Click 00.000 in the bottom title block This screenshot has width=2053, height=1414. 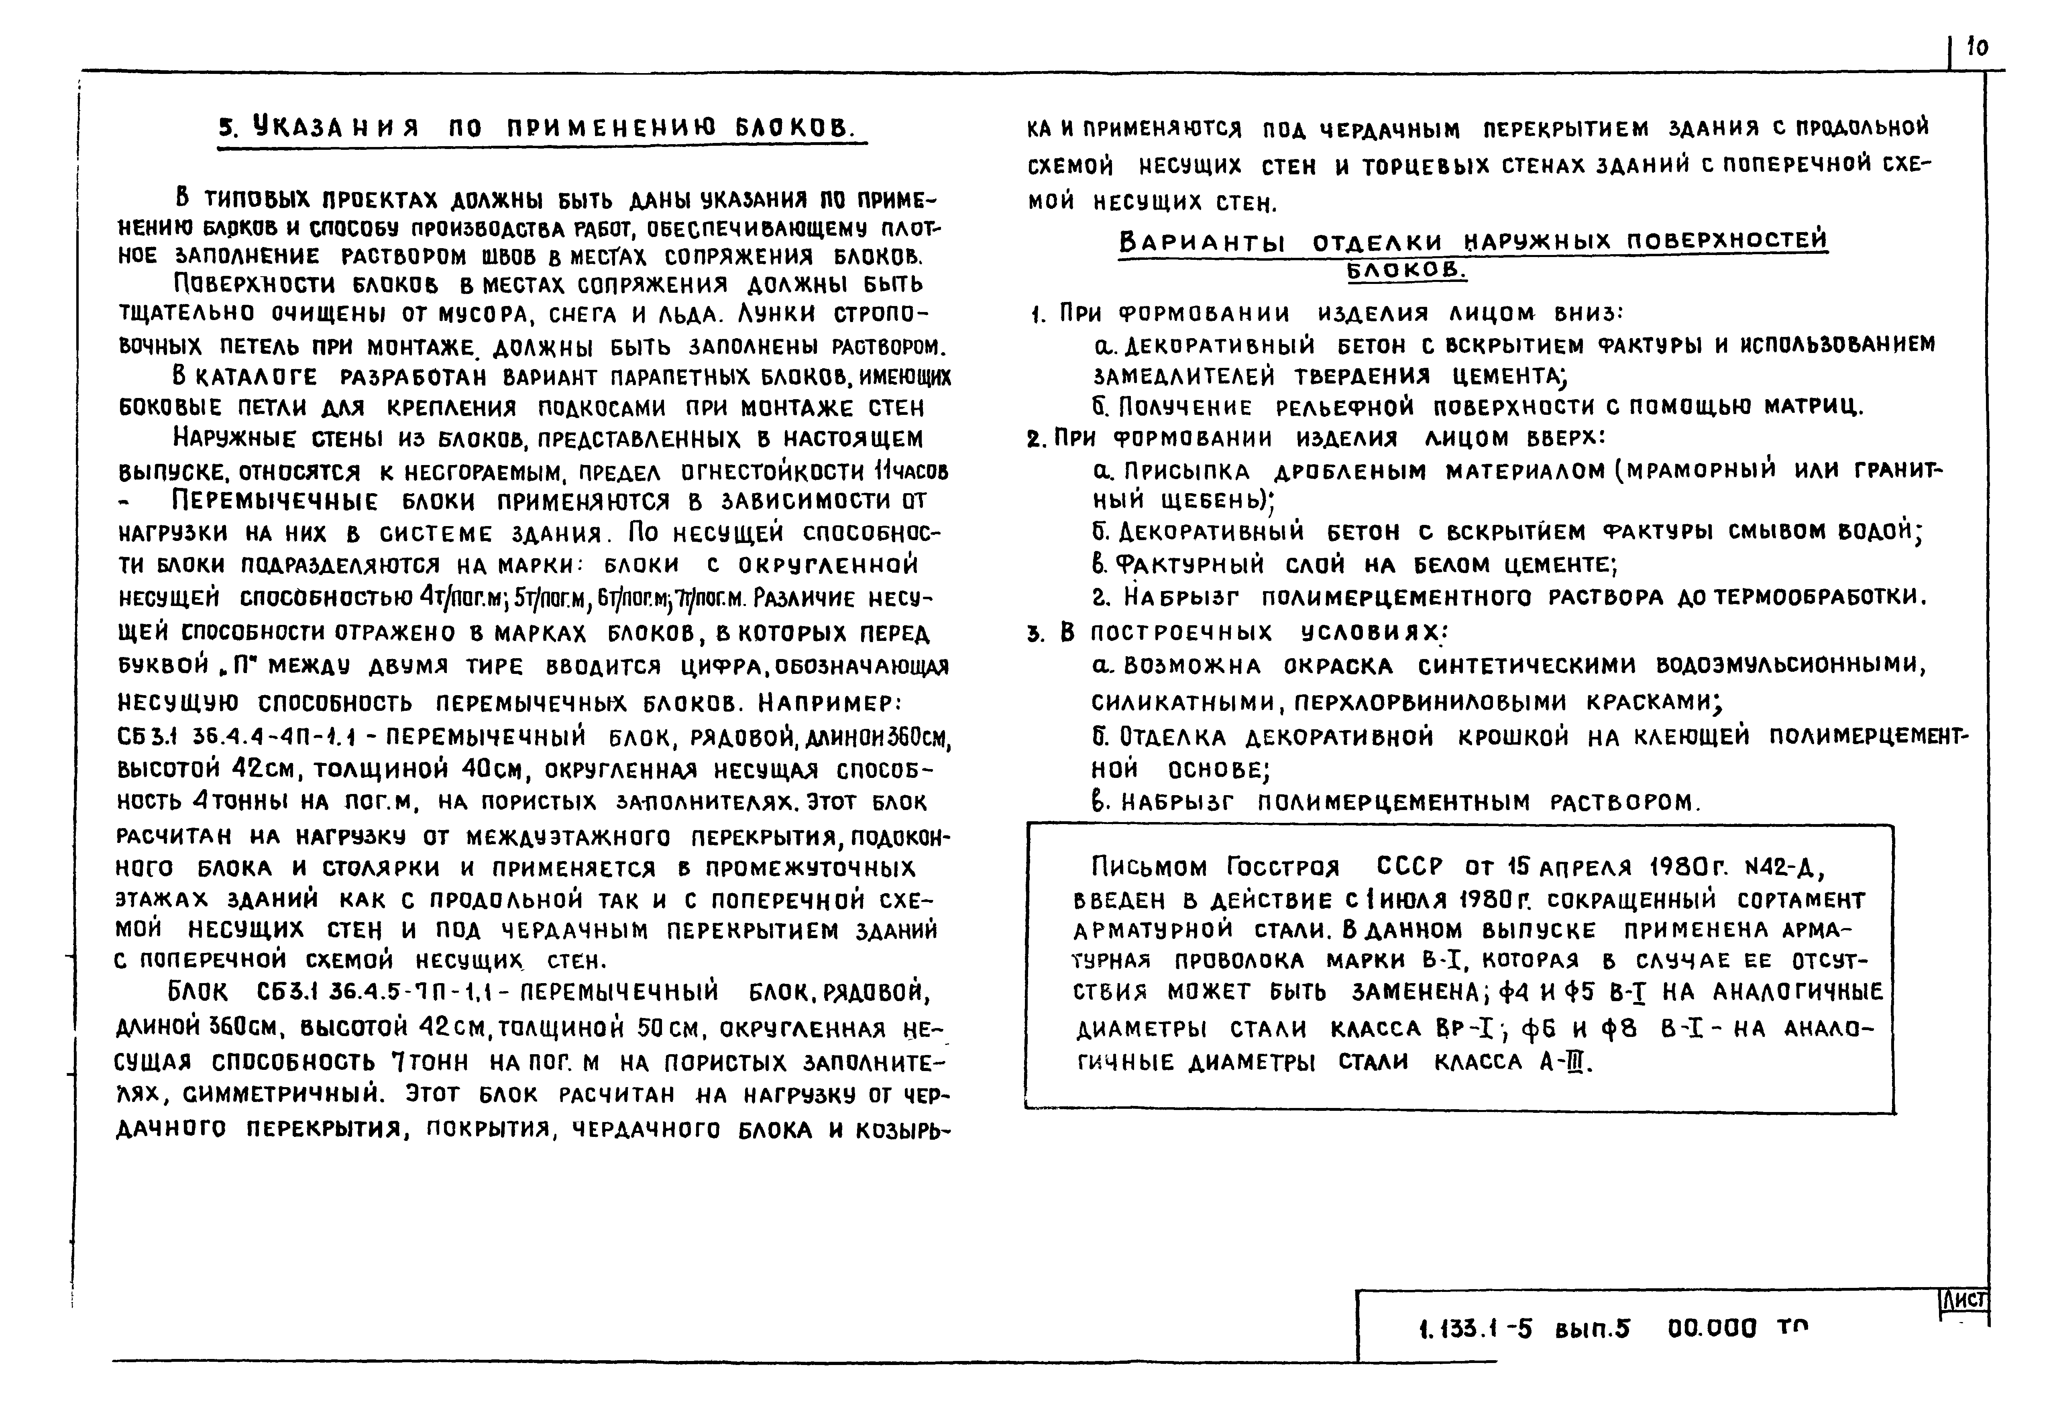click(x=1711, y=1329)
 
